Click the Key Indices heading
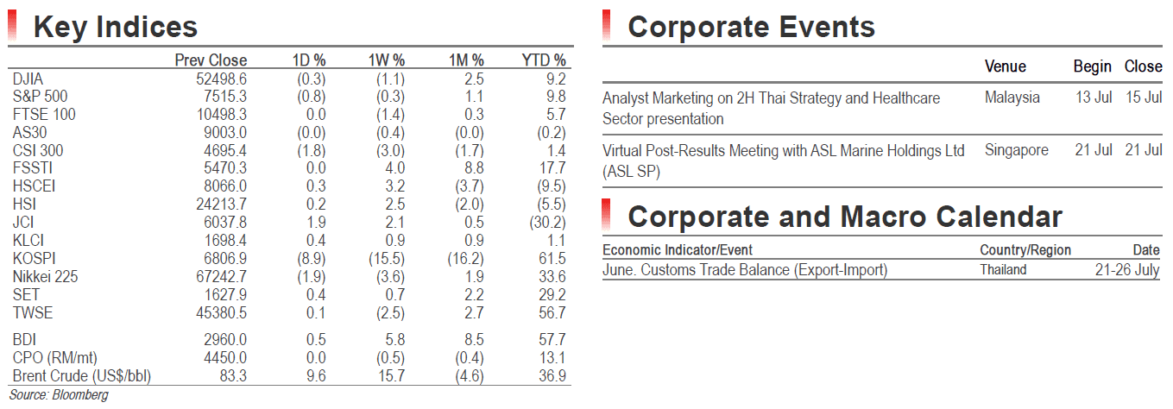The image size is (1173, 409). pos(115,28)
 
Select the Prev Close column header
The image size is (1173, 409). pos(211,60)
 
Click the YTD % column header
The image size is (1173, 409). pos(544,60)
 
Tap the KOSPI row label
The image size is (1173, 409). pos(34,258)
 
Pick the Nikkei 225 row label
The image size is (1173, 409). pos(45,276)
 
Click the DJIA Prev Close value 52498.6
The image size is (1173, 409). pos(221,79)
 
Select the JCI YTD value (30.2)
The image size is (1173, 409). pos(547,223)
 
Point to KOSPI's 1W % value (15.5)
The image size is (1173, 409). pos(387,259)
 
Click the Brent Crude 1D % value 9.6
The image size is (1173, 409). pos(316,376)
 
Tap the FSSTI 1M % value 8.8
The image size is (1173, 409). pos(474,168)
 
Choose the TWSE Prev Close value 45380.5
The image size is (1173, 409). pos(221,313)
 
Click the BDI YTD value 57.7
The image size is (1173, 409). pos(552,340)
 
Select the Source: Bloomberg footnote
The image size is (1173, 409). pos(59,395)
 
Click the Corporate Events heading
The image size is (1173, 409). pos(752,28)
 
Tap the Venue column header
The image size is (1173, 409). pos(1005,66)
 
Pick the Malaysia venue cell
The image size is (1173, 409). pos(1012,98)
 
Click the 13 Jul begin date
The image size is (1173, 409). pos(1094,98)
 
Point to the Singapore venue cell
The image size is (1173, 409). pos(1017,151)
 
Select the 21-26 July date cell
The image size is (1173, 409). pos(1127,270)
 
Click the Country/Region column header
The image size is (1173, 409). pos(1025,250)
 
